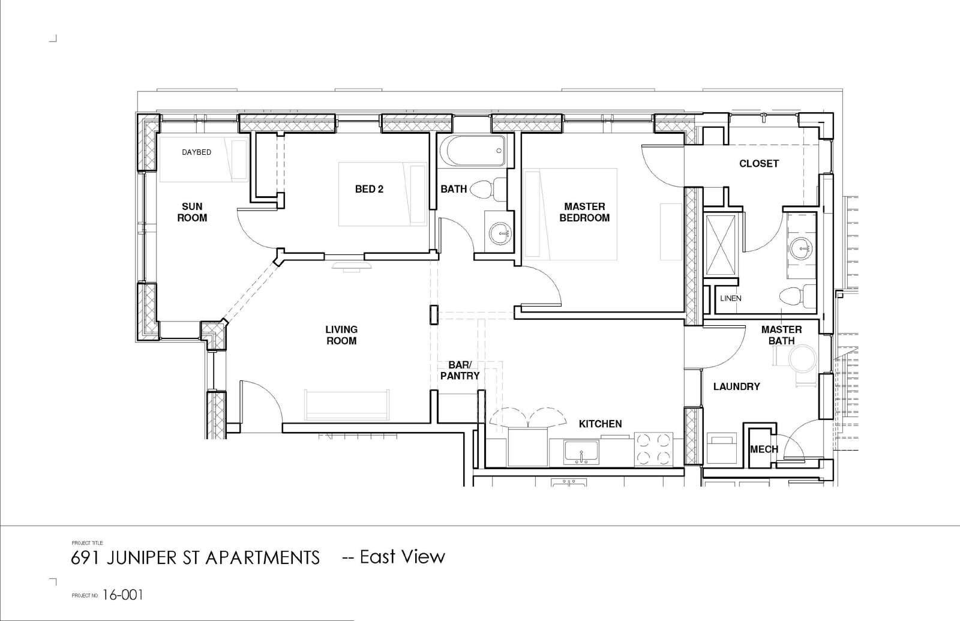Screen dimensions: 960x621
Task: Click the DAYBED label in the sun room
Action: point(196,152)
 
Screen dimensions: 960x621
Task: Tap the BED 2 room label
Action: point(369,189)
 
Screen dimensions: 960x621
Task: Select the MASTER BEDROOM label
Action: point(584,212)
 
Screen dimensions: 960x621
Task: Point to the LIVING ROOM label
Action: point(341,335)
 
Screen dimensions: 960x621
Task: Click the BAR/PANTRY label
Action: point(460,370)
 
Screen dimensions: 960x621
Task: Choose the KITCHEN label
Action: point(600,424)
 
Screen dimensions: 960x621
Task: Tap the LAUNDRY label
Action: point(736,386)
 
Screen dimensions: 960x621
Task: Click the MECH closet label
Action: point(764,449)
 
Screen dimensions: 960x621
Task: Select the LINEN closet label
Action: point(731,298)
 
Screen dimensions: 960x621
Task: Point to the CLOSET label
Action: point(758,163)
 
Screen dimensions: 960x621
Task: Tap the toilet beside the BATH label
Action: point(488,189)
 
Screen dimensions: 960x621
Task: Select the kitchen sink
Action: point(581,452)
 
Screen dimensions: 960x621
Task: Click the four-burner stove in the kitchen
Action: point(653,449)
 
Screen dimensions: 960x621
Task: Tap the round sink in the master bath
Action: point(802,248)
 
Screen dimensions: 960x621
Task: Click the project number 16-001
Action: point(122,595)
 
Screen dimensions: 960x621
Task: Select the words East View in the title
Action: point(403,557)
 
